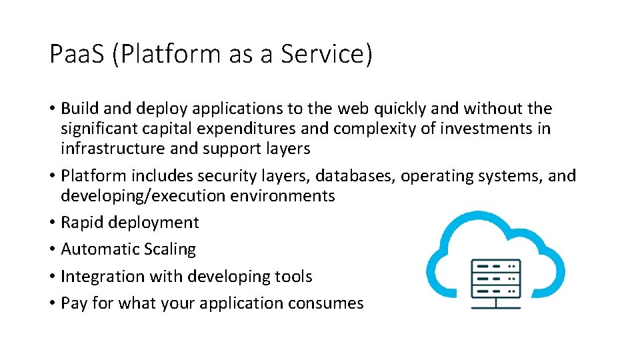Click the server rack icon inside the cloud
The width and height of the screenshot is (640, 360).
point(496,281)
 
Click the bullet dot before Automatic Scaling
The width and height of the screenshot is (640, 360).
point(53,250)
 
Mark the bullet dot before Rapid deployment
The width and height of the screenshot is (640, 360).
point(53,223)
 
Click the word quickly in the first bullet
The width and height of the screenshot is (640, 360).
point(390,109)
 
